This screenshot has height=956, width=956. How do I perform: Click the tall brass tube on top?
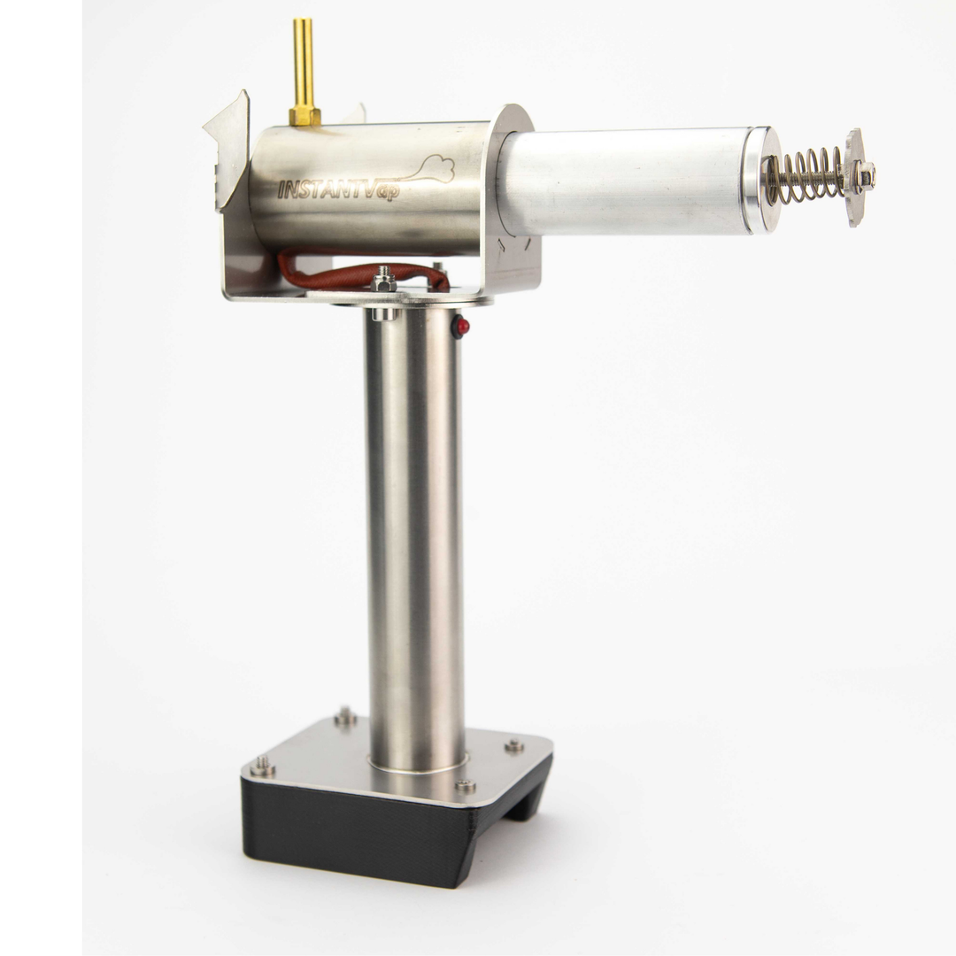click(x=303, y=64)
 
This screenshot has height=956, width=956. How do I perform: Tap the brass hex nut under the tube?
click(x=305, y=116)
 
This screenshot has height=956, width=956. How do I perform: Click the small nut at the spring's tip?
click(x=867, y=173)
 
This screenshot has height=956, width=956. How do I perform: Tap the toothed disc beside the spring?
click(x=854, y=177)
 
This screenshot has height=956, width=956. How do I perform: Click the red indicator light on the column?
click(x=463, y=326)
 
